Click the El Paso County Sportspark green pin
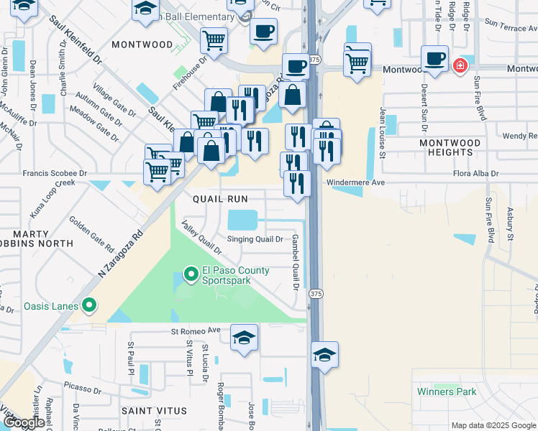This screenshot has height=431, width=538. click(x=191, y=274)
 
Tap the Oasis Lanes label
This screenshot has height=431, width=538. click(x=50, y=307)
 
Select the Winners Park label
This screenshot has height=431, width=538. click(x=446, y=391)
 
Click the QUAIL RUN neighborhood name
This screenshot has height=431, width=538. click(x=220, y=199)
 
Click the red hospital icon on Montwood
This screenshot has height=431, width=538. click(x=460, y=67)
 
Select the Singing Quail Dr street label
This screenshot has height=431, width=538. click(x=255, y=239)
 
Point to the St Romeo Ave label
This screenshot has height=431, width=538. click(x=195, y=331)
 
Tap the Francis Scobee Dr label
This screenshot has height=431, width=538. click(x=55, y=173)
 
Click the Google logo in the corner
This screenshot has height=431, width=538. click(x=24, y=422)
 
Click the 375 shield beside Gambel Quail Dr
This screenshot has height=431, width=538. click(x=315, y=294)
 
